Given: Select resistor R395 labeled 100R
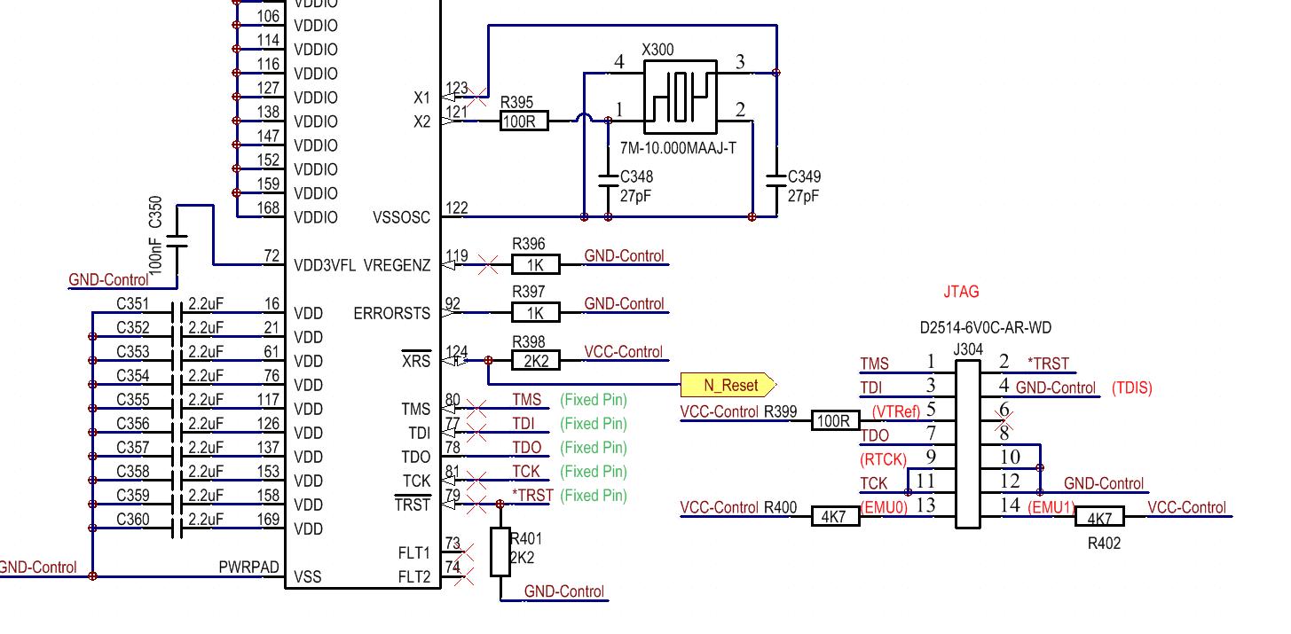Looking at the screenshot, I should pyautogui.click(x=524, y=121).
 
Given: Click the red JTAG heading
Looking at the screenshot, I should pyautogui.click(x=962, y=291).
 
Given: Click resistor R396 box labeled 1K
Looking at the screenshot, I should pyautogui.click(x=536, y=263).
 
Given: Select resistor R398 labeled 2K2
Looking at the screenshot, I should pyautogui.click(x=536, y=360).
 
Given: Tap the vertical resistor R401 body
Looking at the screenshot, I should pyautogui.click(x=500, y=552).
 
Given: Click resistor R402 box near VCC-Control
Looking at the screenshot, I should pyautogui.click(x=1099, y=516).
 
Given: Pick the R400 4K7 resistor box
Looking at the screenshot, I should pyautogui.click(x=835, y=516).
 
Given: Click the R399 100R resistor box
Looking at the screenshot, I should pyautogui.click(x=835, y=420).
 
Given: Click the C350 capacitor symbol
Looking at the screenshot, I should pyautogui.click(x=177, y=239).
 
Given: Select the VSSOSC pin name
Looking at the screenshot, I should pyautogui.click(x=401, y=217).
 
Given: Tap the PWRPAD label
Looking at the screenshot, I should pyautogui.click(x=248, y=567).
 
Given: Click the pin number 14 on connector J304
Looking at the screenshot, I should pyautogui.click(x=1010, y=505).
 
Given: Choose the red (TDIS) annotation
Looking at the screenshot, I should pyautogui.click(x=1131, y=388).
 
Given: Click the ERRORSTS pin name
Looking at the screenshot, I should pyautogui.click(x=391, y=313).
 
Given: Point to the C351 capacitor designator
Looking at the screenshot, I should pyautogui.click(x=133, y=304).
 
